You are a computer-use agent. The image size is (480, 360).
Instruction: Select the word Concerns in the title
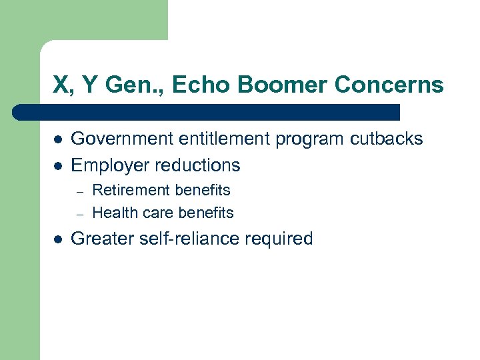pyautogui.click(x=389, y=85)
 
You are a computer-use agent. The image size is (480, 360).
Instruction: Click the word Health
pyautogui.click(x=113, y=213)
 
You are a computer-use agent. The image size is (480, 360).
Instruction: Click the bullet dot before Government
pyautogui.click(x=58, y=139)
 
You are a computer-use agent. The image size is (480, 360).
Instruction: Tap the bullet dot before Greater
pyautogui.click(x=58, y=239)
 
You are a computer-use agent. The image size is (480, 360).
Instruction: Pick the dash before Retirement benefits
pyautogui.click(x=79, y=191)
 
